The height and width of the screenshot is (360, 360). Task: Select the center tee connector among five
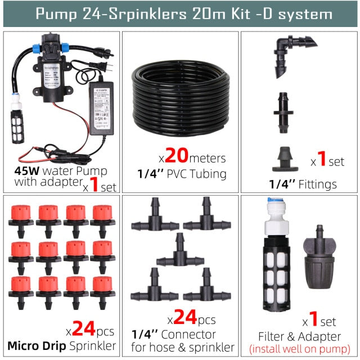click(180, 250)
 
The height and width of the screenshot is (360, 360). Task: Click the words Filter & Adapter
click(299, 337)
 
